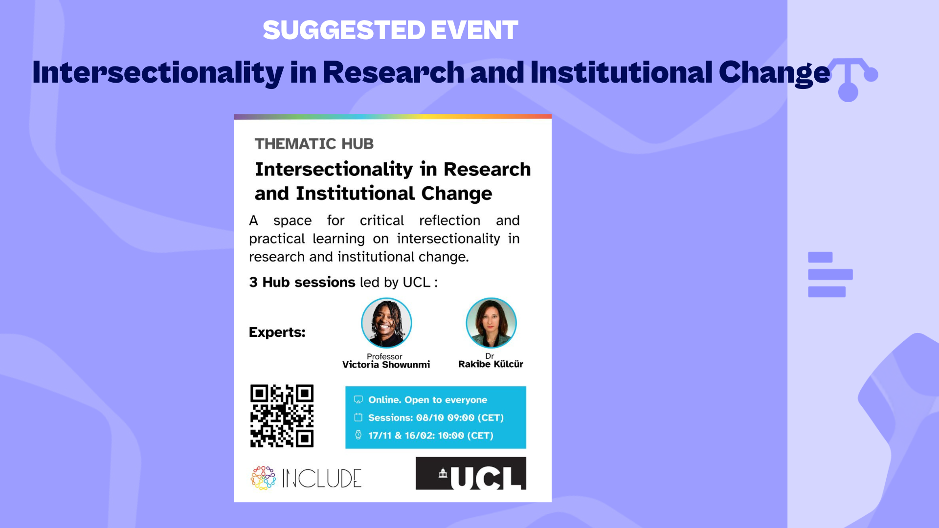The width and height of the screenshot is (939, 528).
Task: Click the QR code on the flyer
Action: [282, 416]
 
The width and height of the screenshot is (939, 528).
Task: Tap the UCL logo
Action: [471, 473]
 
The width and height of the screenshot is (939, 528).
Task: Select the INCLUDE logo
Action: [306, 478]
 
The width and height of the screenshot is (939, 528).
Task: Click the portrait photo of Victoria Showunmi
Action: [386, 323]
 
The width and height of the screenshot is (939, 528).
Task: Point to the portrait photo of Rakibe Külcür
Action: [491, 323]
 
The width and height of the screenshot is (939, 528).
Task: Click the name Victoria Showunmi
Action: [386, 365]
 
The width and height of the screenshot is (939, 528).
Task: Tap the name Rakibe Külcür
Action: [491, 364]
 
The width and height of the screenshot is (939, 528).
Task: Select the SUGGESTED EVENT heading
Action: [390, 30]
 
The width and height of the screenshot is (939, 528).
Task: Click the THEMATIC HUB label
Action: [314, 144]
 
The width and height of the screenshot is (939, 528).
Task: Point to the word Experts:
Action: [277, 332]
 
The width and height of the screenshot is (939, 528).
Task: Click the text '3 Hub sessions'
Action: [302, 282]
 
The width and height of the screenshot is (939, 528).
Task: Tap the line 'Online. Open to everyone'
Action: [427, 400]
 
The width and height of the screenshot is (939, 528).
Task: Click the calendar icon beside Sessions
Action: [358, 418]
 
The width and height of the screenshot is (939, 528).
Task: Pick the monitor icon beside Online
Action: [358, 400]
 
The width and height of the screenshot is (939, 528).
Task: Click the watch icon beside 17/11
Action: [358, 435]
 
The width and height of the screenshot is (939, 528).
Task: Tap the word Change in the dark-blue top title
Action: [775, 73]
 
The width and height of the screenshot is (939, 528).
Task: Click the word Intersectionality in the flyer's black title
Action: [334, 170]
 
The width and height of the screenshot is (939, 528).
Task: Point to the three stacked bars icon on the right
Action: [830, 274]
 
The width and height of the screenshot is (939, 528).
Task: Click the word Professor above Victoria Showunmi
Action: [384, 356]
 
